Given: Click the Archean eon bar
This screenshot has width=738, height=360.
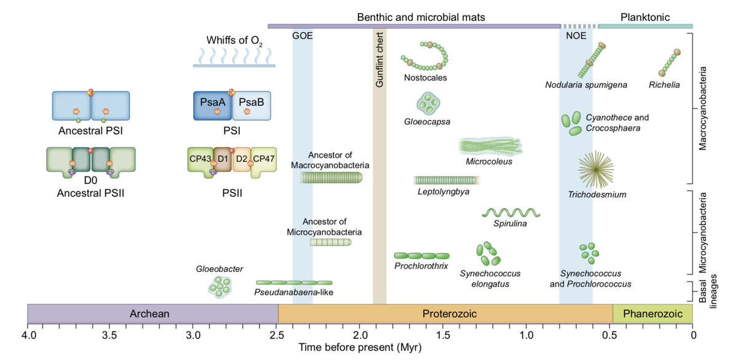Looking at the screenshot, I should click(153, 314).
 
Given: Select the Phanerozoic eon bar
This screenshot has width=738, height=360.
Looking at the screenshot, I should click(653, 314).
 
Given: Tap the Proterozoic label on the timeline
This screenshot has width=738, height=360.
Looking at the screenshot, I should click(445, 314).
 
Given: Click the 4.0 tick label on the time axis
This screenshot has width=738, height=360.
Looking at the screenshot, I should click(28, 335).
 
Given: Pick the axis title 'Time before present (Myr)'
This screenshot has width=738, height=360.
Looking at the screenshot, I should click(360, 348).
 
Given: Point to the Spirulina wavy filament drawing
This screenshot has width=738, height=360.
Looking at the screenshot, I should click(511, 212).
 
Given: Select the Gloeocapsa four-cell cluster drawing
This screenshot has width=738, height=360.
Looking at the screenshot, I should click(427, 103).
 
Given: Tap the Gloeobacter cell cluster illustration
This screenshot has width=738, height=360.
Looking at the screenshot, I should click(220, 286).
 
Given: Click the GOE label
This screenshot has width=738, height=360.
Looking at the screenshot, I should click(302, 35).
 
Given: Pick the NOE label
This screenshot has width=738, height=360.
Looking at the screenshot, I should click(576, 35).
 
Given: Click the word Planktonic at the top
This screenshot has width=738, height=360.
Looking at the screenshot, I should click(645, 17).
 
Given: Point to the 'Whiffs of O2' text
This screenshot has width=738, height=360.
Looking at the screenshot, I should click(234, 41).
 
